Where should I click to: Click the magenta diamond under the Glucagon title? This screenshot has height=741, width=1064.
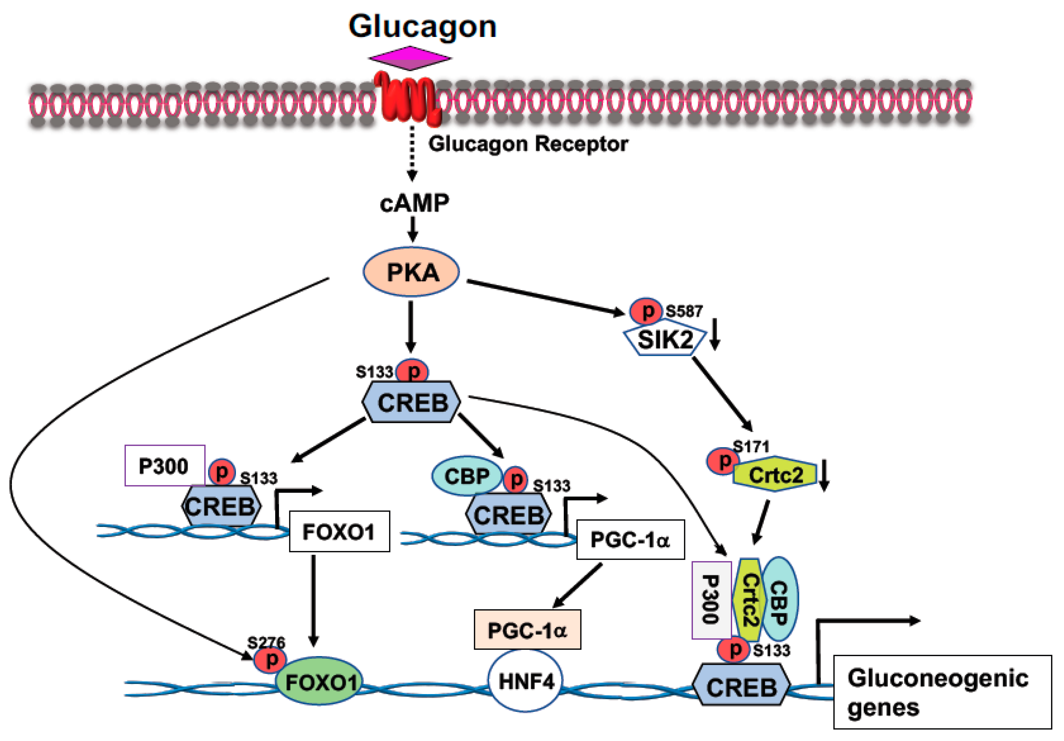[x=410, y=58]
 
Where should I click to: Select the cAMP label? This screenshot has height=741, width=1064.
[x=414, y=203]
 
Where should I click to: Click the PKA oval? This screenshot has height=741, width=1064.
[x=411, y=272]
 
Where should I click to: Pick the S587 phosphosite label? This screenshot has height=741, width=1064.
[x=684, y=311]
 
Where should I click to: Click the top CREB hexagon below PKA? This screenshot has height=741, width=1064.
[x=411, y=402]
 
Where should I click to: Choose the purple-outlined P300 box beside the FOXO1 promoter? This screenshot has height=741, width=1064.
[x=164, y=466]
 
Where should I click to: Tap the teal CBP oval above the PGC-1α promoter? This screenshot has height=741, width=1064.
[x=466, y=476]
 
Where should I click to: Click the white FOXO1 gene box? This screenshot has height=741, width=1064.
[x=339, y=532]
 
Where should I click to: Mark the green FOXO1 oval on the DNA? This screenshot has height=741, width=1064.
[x=320, y=681]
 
